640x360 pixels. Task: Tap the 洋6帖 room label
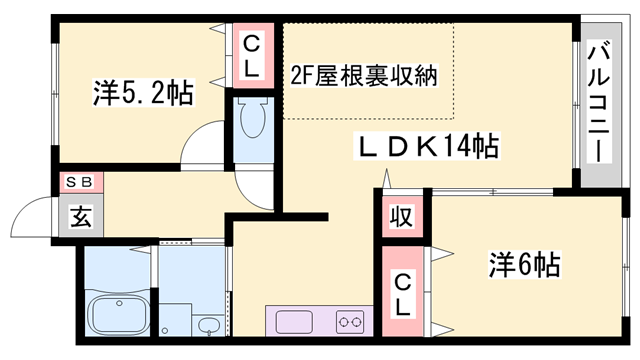click(523, 265)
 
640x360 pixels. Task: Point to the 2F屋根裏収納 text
click(365, 75)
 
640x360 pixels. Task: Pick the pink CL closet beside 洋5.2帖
click(251, 55)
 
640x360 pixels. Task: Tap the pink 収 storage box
click(401, 216)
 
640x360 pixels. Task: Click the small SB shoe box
click(79, 182)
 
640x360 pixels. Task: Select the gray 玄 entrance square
click(79, 216)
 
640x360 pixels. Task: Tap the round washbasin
click(208, 326)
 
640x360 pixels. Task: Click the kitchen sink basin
click(295, 322)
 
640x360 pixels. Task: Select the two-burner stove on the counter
click(351, 322)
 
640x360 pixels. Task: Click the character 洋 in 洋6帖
click(500, 265)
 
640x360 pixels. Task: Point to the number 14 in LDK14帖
click(460, 147)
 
